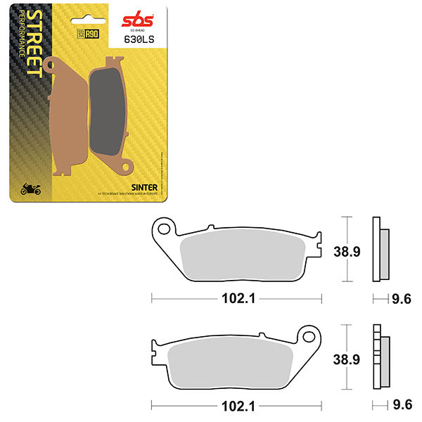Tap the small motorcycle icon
[x=32, y=188]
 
